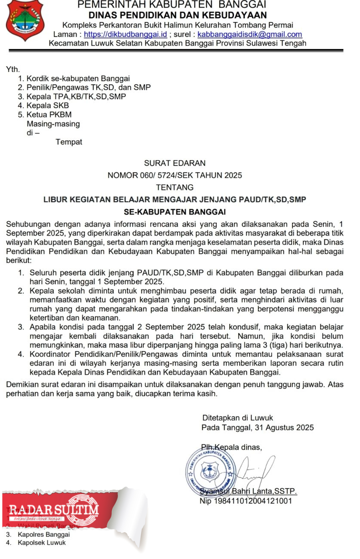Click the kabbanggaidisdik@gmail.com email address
[249, 34]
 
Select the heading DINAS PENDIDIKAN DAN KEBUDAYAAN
[175, 15]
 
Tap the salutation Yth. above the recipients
[13, 69]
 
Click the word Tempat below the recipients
[69, 142]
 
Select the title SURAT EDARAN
[175, 163]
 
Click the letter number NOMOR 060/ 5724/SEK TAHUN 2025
[175, 175]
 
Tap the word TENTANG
[175, 187]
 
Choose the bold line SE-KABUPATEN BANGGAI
[175, 212]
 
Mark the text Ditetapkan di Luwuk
[238, 418]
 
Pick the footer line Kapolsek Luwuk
[42, 543]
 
